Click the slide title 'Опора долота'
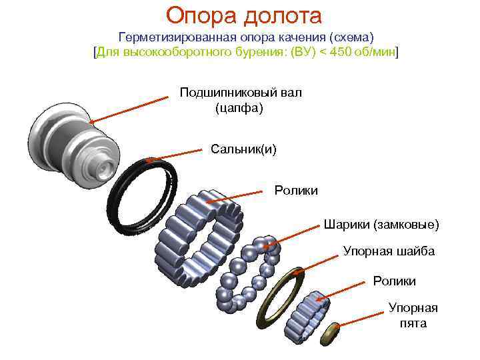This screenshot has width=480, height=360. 244,14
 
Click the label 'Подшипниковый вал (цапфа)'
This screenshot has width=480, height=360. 240,99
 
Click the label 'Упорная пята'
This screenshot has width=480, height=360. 413,315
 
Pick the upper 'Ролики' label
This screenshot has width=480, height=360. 296,191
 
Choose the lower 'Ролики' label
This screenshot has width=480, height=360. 394,281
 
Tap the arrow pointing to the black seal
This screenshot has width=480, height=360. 175,155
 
